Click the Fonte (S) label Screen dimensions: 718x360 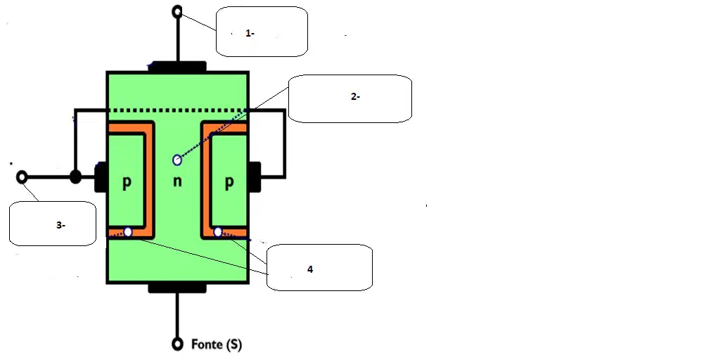(216, 344)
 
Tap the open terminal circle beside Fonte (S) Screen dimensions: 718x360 (177, 344)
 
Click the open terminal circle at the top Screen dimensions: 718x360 (177, 11)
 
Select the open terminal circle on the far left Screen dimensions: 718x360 (22, 177)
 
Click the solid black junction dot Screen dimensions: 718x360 (75, 176)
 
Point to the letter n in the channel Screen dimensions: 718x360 (177, 181)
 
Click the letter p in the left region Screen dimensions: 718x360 (127, 182)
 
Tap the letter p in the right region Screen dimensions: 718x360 (229, 182)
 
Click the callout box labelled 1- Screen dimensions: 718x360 (262, 32)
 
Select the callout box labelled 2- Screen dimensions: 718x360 (350, 98)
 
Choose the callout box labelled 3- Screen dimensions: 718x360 (53, 224)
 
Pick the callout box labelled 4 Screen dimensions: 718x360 (319, 267)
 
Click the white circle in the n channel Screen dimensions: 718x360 (177, 160)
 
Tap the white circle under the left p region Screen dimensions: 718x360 (128, 232)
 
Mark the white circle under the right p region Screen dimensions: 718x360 (218, 232)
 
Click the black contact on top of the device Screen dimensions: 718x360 (177, 67)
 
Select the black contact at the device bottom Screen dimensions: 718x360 (177, 288)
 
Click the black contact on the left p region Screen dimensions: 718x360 (101, 176)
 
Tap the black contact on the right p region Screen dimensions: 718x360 (255, 176)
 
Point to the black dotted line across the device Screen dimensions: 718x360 (178, 110)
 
